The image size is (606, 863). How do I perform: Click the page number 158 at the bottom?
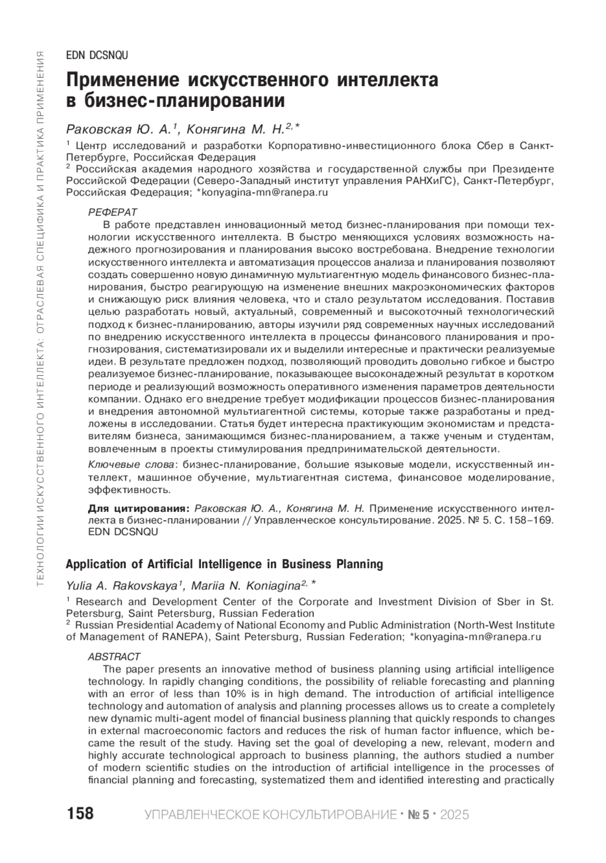tap(80, 814)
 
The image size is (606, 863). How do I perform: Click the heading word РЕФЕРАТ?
tap(113, 212)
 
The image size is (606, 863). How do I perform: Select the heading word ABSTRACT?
tap(114, 657)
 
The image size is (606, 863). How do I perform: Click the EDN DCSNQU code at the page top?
tap(97, 56)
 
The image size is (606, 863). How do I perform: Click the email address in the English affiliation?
tap(477, 637)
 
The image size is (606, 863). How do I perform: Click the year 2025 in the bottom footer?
tap(454, 815)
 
